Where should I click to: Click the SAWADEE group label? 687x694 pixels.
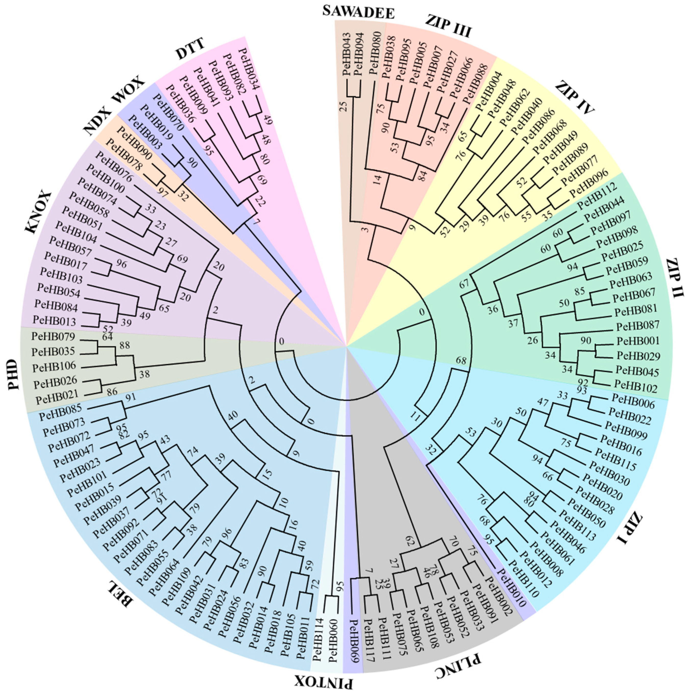[x=358, y=12]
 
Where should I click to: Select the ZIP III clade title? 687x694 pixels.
[x=448, y=26]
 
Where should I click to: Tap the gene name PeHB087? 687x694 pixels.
[x=637, y=326]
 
